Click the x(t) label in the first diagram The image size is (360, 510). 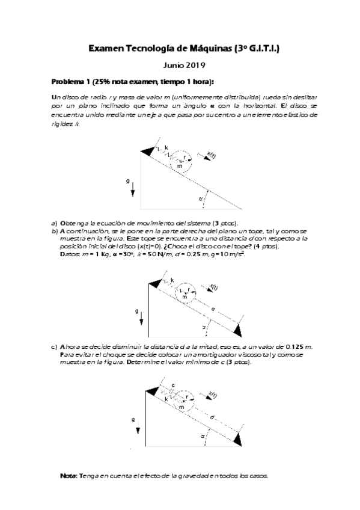tap(212, 156)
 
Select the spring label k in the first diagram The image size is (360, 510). tap(166, 146)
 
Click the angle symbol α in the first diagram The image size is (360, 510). tap(200, 198)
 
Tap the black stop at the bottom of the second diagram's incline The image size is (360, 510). tap(239, 330)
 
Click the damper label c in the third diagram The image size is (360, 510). tap(172, 384)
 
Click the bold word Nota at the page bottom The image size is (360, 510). tap(68, 476)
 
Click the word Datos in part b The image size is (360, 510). tap(71, 254)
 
